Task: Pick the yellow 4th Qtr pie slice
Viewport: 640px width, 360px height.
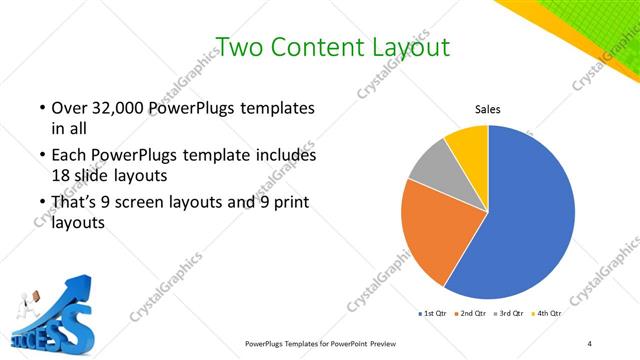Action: click(468, 144)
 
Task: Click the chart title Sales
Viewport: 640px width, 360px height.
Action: click(487, 109)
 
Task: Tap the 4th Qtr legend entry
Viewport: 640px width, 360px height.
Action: click(546, 314)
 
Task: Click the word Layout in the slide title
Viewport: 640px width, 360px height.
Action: click(405, 47)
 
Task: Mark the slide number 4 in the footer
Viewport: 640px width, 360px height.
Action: click(590, 343)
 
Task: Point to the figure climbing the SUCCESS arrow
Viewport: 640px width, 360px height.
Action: click(32, 297)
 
